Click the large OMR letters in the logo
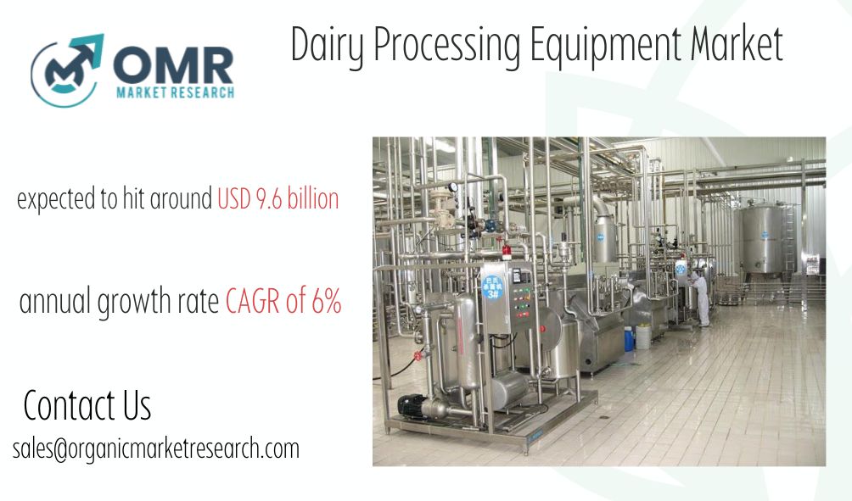(174, 65)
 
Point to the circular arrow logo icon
(66, 70)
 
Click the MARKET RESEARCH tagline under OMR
(175, 92)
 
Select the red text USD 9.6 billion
(277, 199)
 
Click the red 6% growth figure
(327, 300)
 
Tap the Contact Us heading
(87, 405)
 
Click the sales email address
(156, 449)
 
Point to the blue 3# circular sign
(493, 287)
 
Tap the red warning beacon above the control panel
(507, 252)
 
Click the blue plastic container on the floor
(629, 338)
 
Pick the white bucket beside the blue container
(642, 337)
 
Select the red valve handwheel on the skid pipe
(418, 356)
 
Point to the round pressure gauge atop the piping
(452, 187)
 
